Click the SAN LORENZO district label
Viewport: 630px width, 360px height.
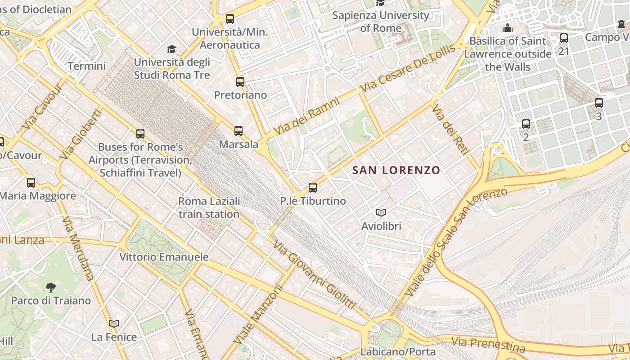(x=396, y=170)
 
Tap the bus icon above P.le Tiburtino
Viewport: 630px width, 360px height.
(x=313, y=187)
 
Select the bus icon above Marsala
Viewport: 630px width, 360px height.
(x=238, y=131)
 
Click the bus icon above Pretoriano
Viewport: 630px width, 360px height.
(x=240, y=82)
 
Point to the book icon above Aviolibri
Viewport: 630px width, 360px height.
(x=381, y=212)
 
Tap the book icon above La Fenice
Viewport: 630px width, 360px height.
(x=114, y=324)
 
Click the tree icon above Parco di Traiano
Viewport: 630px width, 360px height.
(x=51, y=287)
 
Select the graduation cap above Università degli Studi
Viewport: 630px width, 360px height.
(x=171, y=49)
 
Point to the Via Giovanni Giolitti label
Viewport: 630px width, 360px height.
(x=314, y=275)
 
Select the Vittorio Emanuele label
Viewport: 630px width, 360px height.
(x=164, y=257)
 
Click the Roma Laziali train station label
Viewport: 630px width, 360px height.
(x=209, y=207)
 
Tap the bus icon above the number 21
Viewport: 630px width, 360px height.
(x=564, y=38)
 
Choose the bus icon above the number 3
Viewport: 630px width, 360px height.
(x=598, y=103)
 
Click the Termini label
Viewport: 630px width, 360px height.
(x=87, y=66)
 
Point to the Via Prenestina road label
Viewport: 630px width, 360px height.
(x=488, y=345)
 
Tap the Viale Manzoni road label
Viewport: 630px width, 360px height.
(x=257, y=315)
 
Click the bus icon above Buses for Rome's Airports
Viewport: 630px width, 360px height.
(x=140, y=134)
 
